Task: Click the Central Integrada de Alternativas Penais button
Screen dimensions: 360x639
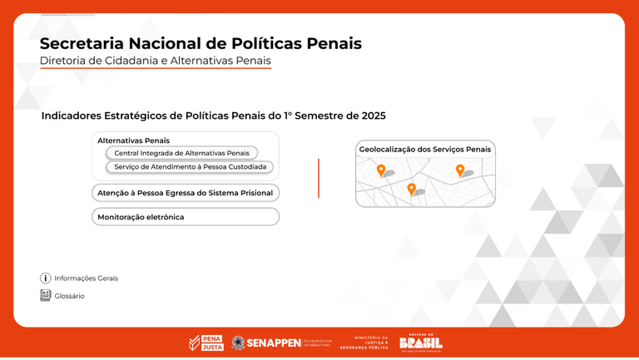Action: (181, 153)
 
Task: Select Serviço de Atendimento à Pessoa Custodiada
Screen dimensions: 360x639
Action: (190, 167)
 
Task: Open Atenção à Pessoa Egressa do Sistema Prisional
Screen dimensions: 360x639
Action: (185, 193)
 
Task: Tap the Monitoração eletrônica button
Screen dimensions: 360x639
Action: (185, 217)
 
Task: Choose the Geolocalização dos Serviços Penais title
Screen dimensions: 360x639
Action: (425, 150)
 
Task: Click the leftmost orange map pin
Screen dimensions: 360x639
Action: (381, 170)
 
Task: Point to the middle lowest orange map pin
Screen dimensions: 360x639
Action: (411, 190)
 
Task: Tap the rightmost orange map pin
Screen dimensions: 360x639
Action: (460, 170)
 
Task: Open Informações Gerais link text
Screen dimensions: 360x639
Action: (87, 279)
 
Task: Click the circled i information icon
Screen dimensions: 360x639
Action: (46, 279)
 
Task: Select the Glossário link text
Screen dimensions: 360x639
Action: (70, 296)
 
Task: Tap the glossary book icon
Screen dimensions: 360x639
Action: (46, 295)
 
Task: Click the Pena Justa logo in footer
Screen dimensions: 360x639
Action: (206, 343)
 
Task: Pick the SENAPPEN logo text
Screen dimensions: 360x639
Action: (274, 343)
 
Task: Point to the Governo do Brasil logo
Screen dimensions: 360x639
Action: (420, 343)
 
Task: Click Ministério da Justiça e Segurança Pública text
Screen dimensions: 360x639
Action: (371, 343)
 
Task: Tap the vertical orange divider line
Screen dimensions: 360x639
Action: (319, 178)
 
